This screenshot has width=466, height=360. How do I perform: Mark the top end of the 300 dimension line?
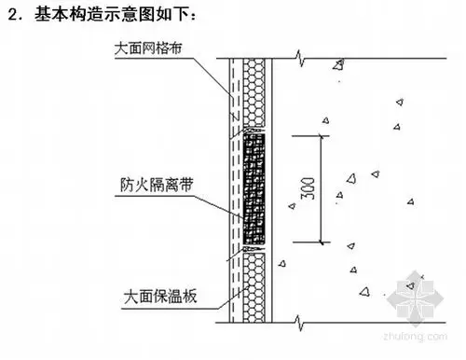coord(322,135)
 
